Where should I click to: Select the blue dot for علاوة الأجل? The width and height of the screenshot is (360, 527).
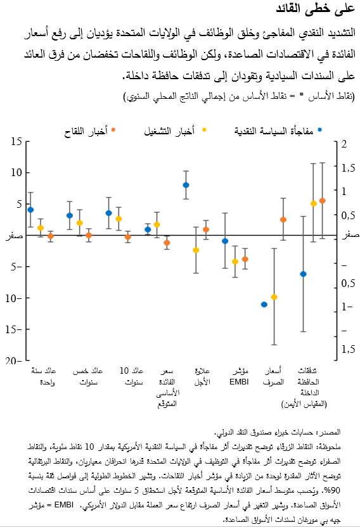coord(186,185)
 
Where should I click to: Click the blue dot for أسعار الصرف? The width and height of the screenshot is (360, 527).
coord(264,305)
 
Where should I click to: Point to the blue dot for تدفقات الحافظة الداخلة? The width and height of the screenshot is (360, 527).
coord(304,274)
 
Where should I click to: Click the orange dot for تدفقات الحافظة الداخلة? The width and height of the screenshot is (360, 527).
coord(323,200)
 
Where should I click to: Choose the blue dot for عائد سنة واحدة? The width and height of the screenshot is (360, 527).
coord(30,210)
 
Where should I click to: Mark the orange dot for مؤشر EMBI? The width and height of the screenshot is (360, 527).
coord(245,259)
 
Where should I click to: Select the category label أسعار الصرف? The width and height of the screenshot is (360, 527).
coord(272,376)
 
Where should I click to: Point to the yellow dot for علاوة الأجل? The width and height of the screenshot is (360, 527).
coord(196,250)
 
